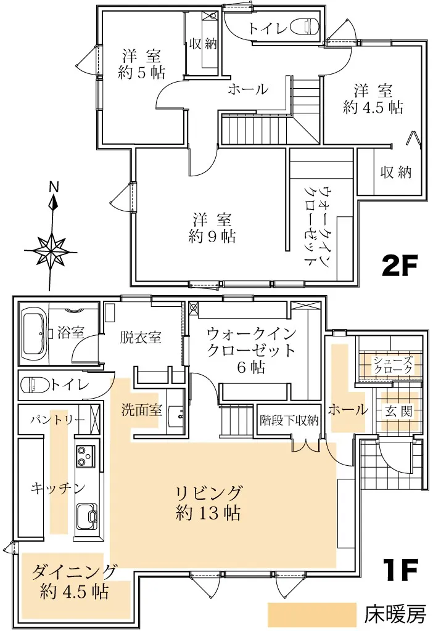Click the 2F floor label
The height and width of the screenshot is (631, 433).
pos(398,266)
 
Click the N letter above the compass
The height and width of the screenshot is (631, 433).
pos(54,187)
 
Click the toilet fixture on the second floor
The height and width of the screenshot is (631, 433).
pos(305,26)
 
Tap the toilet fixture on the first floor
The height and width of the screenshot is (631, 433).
pos(35,385)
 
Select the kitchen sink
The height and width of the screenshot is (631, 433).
pos(87,517)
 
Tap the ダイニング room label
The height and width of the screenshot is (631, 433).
pos(75,571)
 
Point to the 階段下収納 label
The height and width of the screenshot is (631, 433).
pos(289,420)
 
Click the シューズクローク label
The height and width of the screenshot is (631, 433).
pos(393,365)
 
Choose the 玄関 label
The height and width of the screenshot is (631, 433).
pos(398,411)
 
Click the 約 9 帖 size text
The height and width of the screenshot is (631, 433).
pos(212,237)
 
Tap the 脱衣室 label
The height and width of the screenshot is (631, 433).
pos(141,337)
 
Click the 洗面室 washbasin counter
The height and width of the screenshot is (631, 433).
pos(176,410)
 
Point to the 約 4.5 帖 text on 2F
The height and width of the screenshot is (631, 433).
pos(373,107)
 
